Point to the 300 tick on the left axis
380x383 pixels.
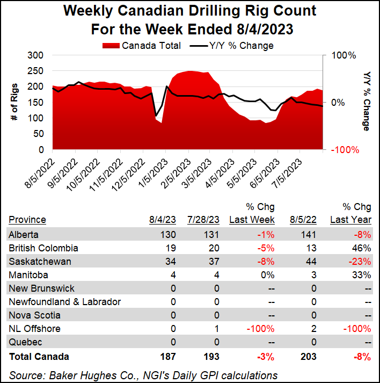(x=35, y=55)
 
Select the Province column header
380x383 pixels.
(x=27, y=220)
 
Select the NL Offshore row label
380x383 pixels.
(x=34, y=329)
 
